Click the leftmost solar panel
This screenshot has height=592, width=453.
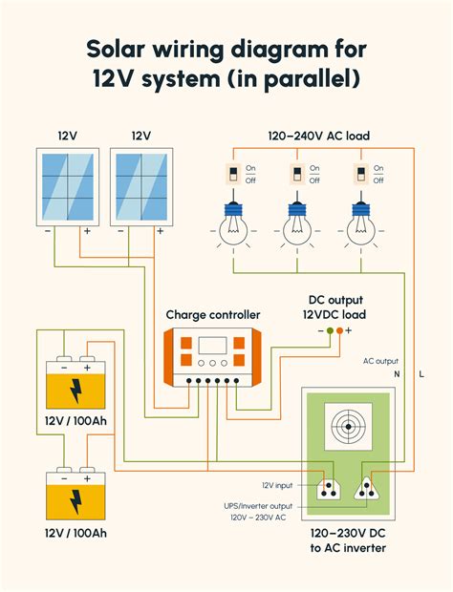coord(68,187)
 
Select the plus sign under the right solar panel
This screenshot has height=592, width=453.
coord(161,231)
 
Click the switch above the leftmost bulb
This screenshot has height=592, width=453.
coord(233,174)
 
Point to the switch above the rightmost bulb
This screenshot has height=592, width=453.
coord(361,174)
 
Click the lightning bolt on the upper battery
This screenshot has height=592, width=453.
coord(76,391)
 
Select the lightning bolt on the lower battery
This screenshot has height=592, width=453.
coord(76,502)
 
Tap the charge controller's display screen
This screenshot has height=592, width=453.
coord(213,346)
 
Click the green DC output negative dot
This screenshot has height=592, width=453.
coord(331,330)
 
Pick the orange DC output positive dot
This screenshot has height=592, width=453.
coord(339,330)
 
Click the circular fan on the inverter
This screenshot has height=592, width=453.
coord(348,427)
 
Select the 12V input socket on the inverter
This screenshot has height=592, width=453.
coord(329,490)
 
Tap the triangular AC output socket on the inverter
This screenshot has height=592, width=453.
coord(366,490)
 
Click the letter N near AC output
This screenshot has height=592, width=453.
coord(397,374)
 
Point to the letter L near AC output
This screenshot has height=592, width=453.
coord(421,374)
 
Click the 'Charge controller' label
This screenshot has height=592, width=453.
coord(213,315)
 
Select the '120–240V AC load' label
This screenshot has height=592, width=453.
coord(319,136)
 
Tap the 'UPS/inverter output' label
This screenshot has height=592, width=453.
coord(258,506)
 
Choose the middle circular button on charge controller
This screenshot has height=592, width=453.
coord(213,363)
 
